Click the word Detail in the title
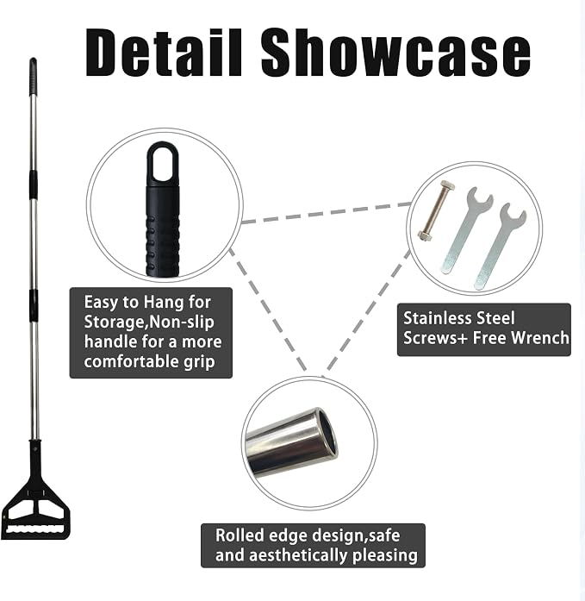(164, 52)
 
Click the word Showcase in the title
(395, 52)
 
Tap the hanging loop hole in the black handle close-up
(163, 162)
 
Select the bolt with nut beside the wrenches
(436, 210)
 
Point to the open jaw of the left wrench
(480, 198)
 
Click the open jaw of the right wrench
(513, 216)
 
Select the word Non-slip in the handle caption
(182, 322)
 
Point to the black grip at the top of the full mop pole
(33, 76)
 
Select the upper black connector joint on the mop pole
(34, 185)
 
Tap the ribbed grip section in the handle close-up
(162, 245)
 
